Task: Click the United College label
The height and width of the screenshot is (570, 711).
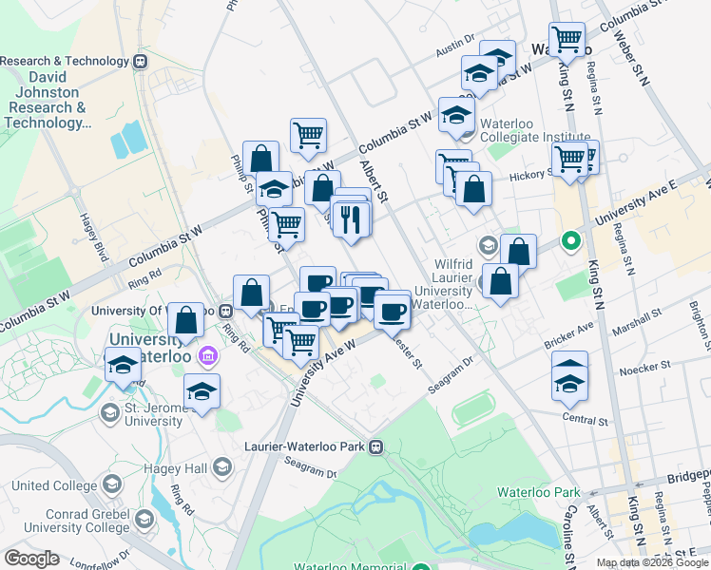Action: pos(51,485)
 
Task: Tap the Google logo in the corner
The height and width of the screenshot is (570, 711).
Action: pos(31,559)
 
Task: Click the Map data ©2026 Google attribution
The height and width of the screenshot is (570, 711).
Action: pos(653,562)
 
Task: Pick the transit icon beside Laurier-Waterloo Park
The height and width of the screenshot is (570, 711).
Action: pos(376,446)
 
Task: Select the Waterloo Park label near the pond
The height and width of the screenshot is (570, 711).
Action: pos(539,493)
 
